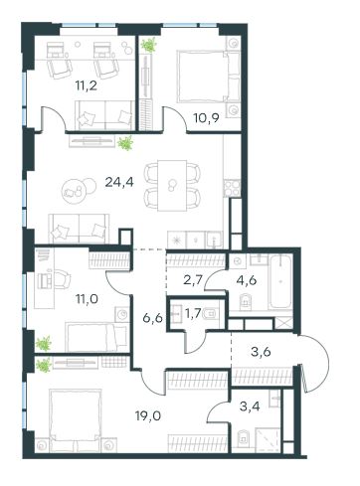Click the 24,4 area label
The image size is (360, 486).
[x=119, y=182]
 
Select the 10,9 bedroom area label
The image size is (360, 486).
[x=207, y=118]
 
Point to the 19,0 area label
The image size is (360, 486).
[x=148, y=415]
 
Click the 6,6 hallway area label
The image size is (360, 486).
[x=152, y=318]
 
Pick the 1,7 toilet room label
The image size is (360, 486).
[x=193, y=313]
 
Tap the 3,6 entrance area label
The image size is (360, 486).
[x=261, y=351]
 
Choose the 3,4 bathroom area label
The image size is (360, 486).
[x=250, y=406]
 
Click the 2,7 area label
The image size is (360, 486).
[x=193, y=280]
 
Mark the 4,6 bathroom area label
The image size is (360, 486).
[x=247, y=280]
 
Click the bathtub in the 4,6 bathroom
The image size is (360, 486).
[x=280, y=282]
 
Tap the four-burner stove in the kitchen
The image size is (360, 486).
[x=232, y=188]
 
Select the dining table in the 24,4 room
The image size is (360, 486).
[x=172, y=185]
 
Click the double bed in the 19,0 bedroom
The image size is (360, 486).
[x=75, y=418]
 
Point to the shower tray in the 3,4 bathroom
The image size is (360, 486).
[x=268, y=438]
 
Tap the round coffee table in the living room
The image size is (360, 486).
[x=75, y=190]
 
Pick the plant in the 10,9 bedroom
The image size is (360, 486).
[x=148, y=45]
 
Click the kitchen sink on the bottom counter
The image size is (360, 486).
[x=214, y=240]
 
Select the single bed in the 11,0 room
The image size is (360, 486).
[x=97, y=336]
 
